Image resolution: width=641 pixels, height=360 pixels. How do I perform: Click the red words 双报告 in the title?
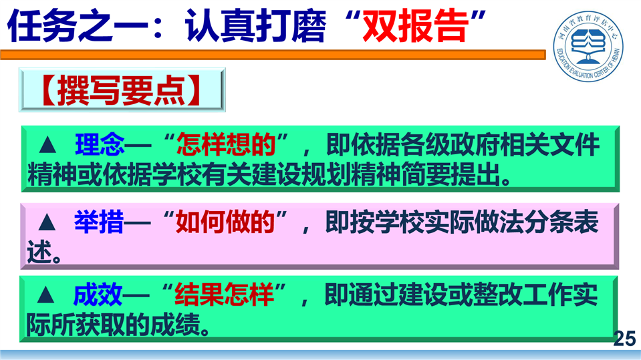point(415,26)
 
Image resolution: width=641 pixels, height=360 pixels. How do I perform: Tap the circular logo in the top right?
point(588,46)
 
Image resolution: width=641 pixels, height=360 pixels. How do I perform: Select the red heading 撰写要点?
point(121,90)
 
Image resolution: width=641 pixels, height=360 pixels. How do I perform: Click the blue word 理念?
point(100,144)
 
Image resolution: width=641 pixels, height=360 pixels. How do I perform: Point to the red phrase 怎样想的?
point(226,144)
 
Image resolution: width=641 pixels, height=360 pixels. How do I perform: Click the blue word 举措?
point(98,222)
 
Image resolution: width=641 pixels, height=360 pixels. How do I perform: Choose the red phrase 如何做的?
point(225,222)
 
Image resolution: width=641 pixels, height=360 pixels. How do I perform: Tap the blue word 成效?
point(98,294)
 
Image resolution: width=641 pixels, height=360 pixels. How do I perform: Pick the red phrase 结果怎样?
point(224,294)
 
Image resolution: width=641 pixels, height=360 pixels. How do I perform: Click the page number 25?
point(625,339)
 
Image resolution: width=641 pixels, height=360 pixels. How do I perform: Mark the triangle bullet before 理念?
point(47,145)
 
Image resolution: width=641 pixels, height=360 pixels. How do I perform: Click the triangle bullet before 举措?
point(47,222)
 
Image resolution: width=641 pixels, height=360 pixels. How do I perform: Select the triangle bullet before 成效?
point(45,295)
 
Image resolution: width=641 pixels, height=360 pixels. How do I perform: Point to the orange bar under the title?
point(273,55)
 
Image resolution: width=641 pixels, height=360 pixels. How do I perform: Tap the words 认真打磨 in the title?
point(255,26)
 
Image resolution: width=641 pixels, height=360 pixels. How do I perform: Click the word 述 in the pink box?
point(39,251)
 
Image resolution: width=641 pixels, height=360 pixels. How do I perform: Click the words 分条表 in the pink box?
point(561,222)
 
